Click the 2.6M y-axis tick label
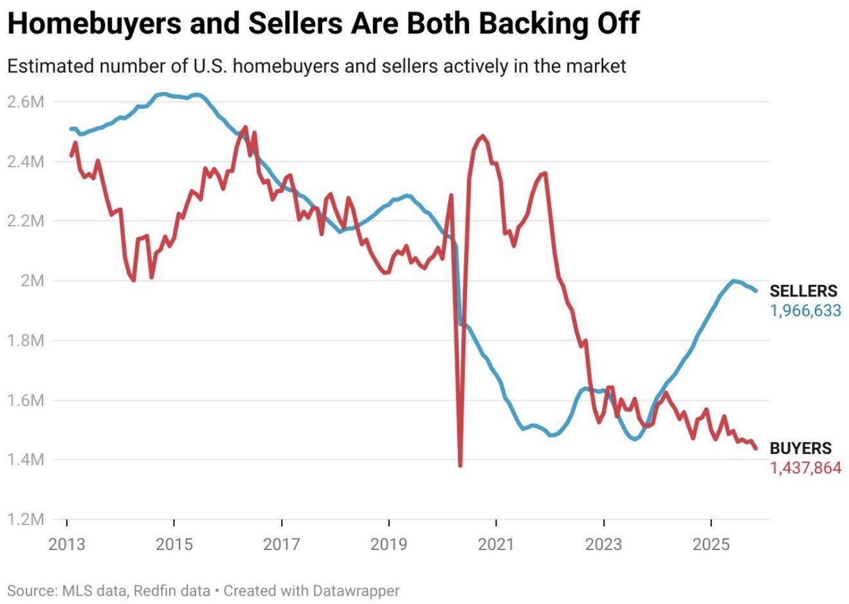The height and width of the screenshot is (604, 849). coord(26,102)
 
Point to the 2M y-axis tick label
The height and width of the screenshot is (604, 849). coord(32,280)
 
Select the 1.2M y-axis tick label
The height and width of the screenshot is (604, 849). coord(26,519)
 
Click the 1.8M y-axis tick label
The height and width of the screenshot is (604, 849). coord(26,340)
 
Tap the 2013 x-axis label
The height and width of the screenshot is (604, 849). coord(67,544)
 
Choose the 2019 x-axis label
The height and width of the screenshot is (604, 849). coord(388,544)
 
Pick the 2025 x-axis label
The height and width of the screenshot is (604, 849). coord(711,544)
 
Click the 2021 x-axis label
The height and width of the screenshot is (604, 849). coord(496,544)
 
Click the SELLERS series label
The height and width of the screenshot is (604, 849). coord(803,291)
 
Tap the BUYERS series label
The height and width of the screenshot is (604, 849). coord(800,448)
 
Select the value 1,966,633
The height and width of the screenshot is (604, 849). coord(805,311)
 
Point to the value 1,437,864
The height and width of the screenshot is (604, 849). coord(805,468)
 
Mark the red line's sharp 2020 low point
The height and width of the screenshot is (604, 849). coord(461,465)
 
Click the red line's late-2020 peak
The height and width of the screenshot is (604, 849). coord(482,136)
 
